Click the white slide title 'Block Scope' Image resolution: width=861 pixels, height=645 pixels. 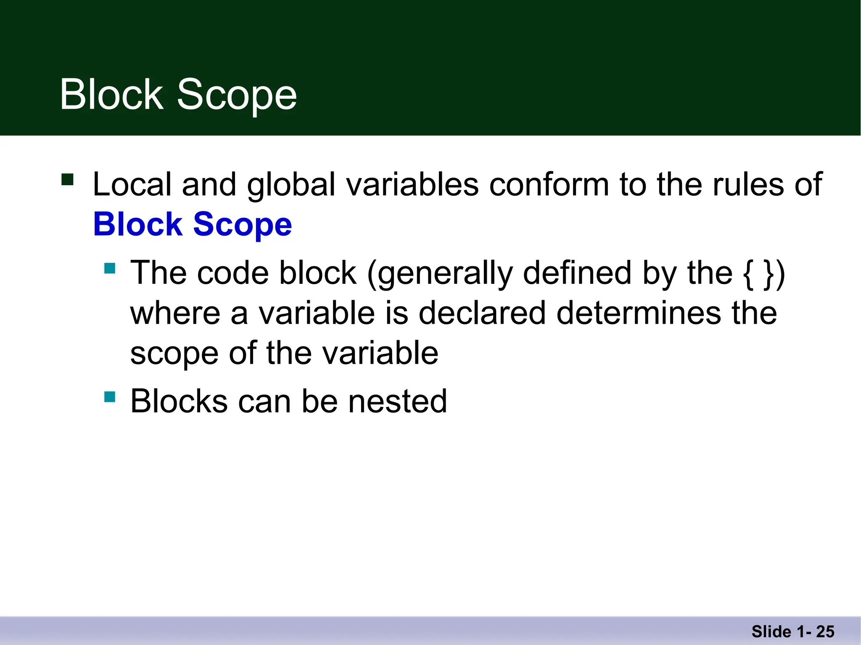[178, 95]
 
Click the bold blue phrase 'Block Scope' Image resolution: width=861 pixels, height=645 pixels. [193, 224]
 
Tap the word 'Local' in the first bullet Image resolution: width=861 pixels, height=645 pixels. [132, 184]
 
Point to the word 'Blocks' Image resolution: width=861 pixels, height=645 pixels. [179, 401]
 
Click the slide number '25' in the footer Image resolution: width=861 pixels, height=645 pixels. [825, 632]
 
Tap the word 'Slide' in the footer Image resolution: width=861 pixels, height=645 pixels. [771, 632]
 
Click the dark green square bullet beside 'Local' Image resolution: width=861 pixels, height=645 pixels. [67, 180]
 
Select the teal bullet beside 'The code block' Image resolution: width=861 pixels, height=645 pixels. [110, 268]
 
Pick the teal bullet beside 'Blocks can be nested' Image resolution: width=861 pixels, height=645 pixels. [110, 396]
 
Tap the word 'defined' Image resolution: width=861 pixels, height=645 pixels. [577, 273]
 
